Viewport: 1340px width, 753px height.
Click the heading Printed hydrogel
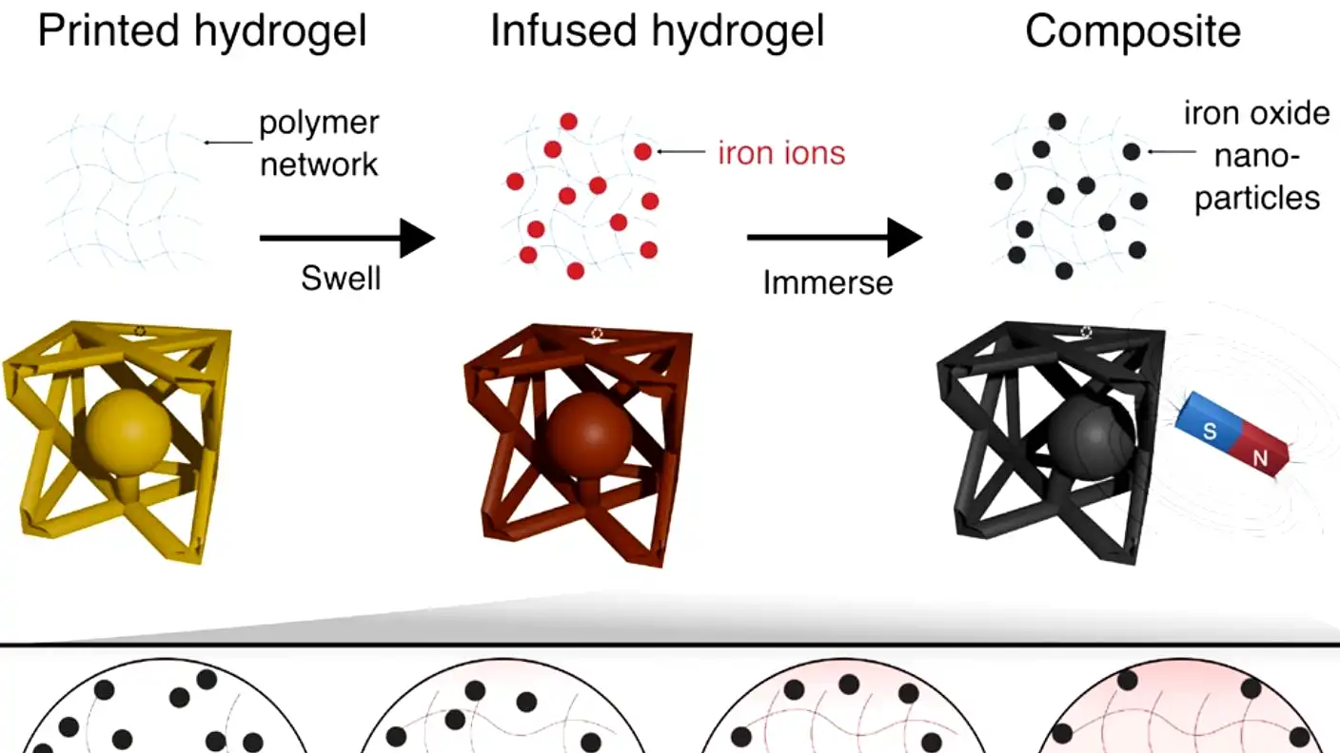tap(202, 32)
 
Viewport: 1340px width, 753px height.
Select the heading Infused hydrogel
tap(657, 32)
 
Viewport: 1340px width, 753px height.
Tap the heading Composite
tap(1133, 32)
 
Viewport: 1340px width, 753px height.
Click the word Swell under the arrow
tap(341, 279)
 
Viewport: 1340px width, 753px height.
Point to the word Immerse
tap(828, 282)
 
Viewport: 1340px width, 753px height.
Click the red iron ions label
tap(781, 152)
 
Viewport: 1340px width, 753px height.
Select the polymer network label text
tap(319, 144)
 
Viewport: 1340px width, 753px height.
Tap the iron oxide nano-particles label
tap(1256, 156)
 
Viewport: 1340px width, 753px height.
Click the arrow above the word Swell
tap(346, 238)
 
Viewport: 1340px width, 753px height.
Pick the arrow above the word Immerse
tap(834, 238)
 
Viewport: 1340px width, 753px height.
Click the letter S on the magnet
tap(1210, 431)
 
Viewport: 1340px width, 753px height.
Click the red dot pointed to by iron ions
tap(643, 151)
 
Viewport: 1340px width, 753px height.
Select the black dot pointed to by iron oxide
tap(1132, 151)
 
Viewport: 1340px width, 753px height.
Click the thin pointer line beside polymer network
tap(228, 143)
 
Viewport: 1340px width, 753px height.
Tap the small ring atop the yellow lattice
tap(141, 331)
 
